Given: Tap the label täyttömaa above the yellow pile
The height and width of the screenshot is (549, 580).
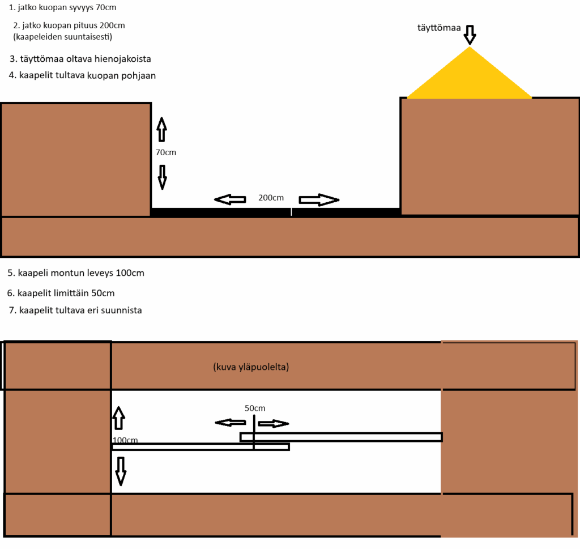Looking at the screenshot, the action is pyautogui.click(x=439, y=28).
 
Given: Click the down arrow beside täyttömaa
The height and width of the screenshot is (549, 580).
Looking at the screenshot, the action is pyautogui.click(x=470, y=35).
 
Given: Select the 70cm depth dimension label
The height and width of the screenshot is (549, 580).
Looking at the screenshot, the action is pyautogui.click(x=166, y=152).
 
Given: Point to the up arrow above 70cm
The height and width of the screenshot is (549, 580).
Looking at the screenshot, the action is pyautogui.click(x=161, y=130).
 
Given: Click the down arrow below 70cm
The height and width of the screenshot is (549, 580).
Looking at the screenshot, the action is pyautogui.click(x=162, y=177).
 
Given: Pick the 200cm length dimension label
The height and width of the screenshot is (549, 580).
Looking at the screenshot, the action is pyautogui.click(x=271, y=198).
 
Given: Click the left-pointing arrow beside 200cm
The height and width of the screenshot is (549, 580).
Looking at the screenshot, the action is pyautogui.click(x=230, y=200).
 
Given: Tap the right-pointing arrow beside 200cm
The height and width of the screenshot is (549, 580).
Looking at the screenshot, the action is pyautogui.click(x=319, y=200).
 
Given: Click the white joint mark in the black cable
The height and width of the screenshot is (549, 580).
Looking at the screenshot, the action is pyautogui.click(x=292, y=212).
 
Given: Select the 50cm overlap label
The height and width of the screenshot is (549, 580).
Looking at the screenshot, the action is pyautogui.click(x=255, y=408).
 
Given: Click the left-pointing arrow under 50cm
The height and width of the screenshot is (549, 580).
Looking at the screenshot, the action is pyautogui.click(x=231, y=423).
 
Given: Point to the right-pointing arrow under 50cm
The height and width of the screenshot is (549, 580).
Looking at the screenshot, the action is pyautogui.click(x=274, y=424).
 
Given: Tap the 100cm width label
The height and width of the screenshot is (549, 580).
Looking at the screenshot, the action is pyautogui.click(x=125, y=440).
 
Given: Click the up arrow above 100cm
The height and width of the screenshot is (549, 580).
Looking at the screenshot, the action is pyautogui.click(x=118, y=418).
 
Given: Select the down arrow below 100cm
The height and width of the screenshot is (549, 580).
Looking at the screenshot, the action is pyautogui.click(x=121, y=471).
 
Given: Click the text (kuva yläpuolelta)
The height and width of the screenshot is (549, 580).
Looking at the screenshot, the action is pyautogui.click(x=251, y=367).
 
